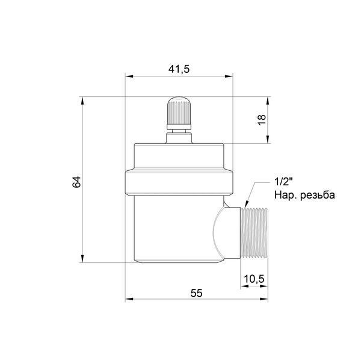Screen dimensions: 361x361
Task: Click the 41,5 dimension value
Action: click(x=179, y=69)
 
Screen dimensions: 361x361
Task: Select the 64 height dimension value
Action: click(x=76, y=182)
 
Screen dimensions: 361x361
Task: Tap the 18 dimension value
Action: click(x=262, y=120)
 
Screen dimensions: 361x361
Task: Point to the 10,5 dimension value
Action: click(x=254, y=279)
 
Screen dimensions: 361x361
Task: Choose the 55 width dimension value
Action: click(x=196, y=294)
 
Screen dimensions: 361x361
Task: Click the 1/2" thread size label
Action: click(x=283, y=182)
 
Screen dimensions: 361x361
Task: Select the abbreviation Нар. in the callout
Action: click(x=285, y=196)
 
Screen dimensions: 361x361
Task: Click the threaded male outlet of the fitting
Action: click(x=254, y=233)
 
